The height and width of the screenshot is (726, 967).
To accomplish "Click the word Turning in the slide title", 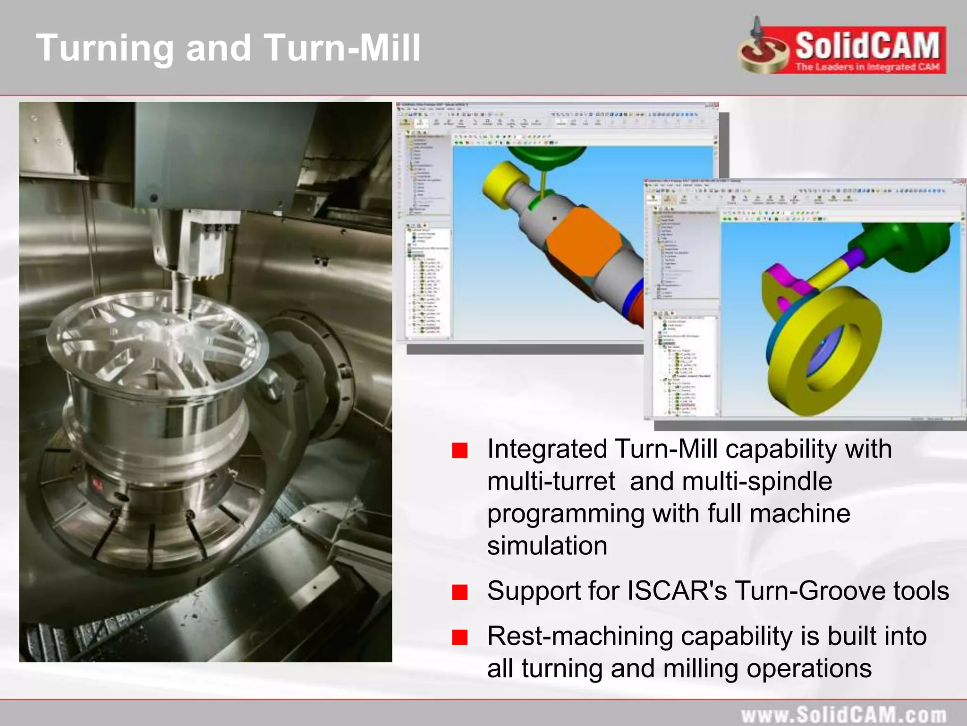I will tap(105, 48).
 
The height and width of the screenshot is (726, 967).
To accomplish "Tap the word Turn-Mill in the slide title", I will tap(342, 48).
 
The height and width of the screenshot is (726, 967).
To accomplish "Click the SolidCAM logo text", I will tap(867, 46).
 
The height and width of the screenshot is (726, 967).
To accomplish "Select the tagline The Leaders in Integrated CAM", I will tap(867, 67).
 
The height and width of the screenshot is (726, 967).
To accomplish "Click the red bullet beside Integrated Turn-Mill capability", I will tap(459, 450).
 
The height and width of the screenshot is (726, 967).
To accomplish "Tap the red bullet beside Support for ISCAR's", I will tap(459, 592).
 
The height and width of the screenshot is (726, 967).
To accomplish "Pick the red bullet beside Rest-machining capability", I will tap(459, 637).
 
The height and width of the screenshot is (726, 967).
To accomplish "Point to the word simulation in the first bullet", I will tap(547, 546).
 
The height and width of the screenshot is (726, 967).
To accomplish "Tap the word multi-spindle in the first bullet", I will tap(757, 482).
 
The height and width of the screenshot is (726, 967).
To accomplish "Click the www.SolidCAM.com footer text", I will tap(843, 714).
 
